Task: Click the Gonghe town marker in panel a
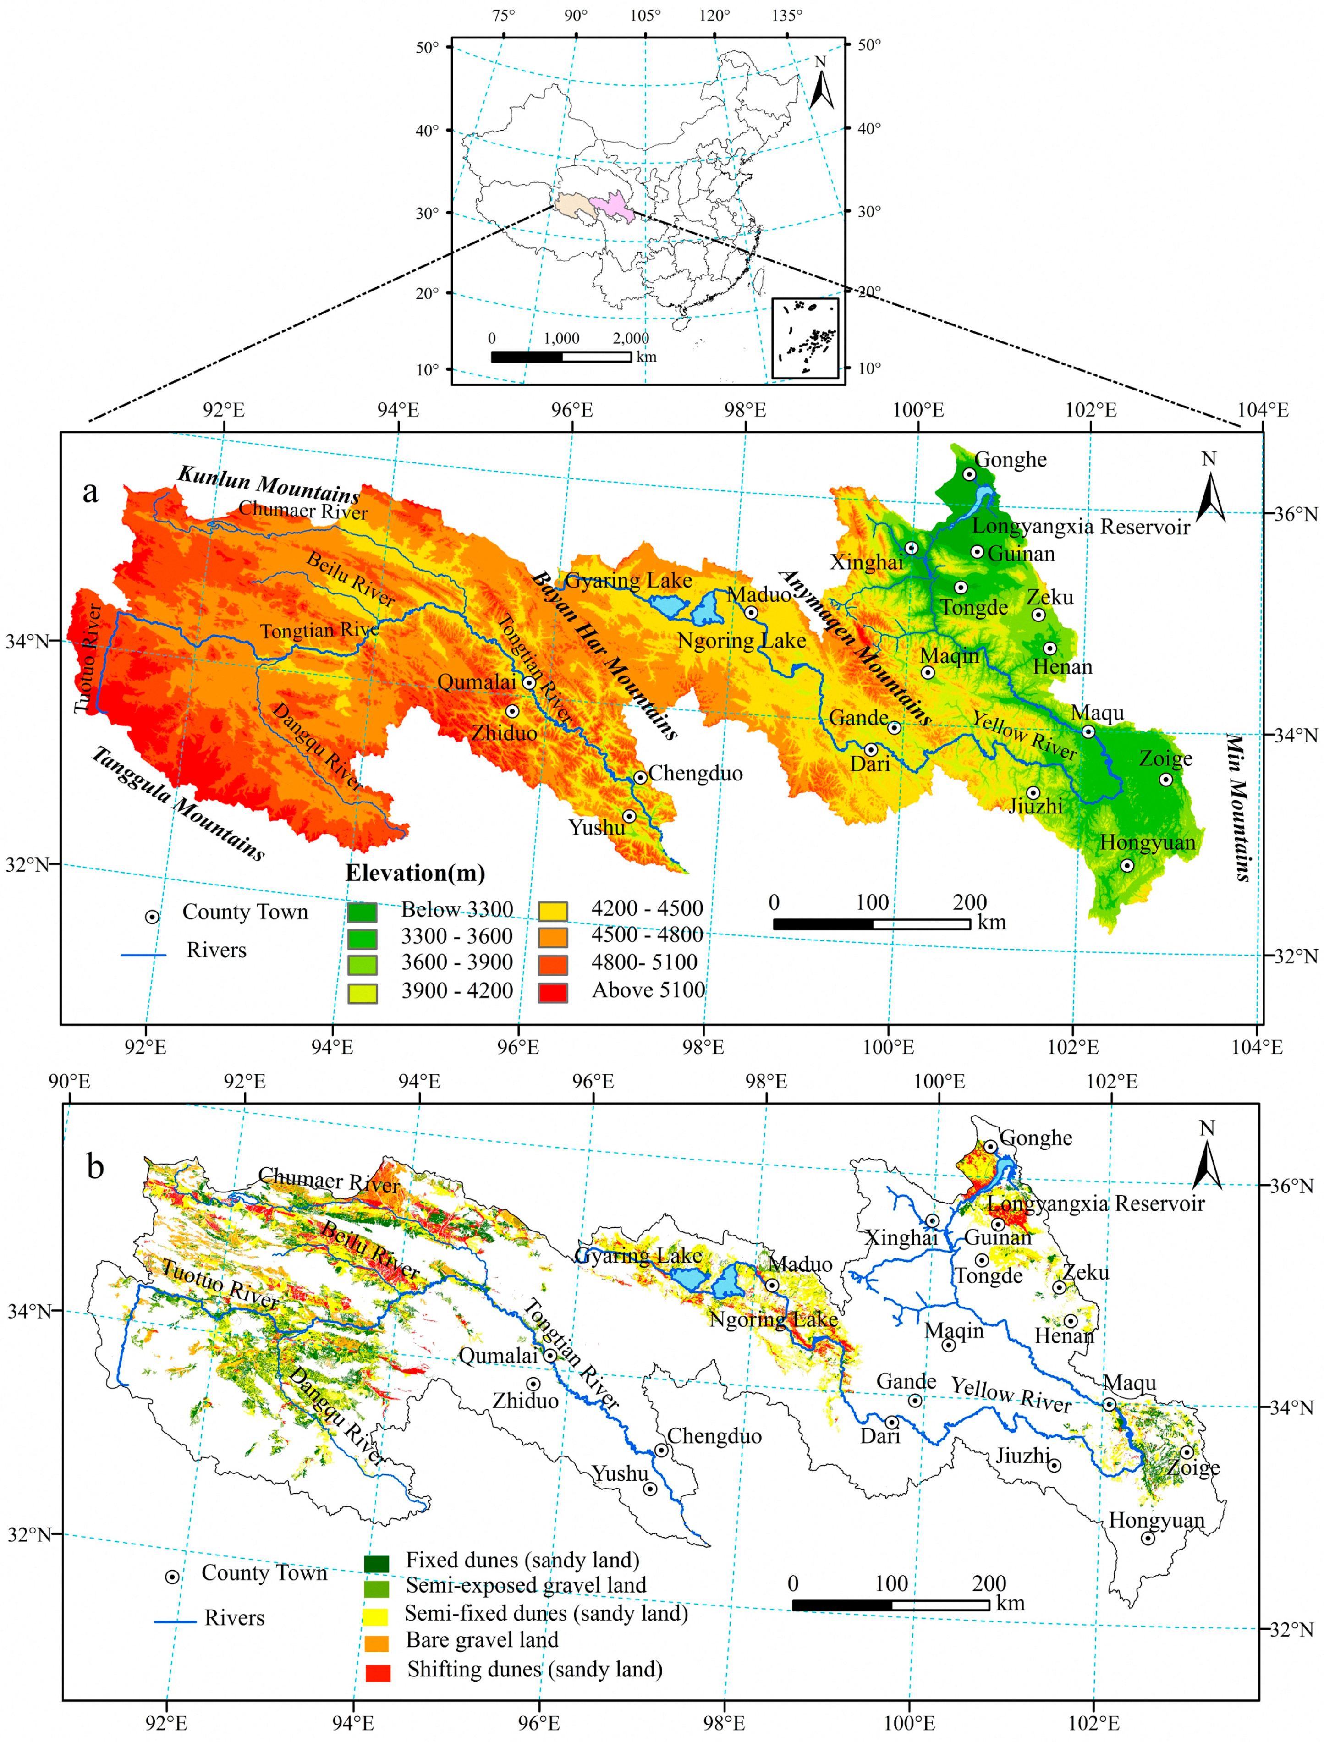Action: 969,474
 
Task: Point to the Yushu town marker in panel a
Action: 629,816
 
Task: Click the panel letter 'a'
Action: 91,491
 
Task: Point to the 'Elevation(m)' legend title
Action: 415,873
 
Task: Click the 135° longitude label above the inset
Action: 786,15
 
